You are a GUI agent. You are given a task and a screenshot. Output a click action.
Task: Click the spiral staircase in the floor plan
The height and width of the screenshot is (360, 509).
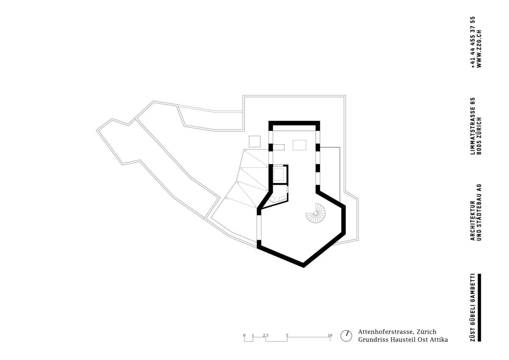click(x=316, y=214)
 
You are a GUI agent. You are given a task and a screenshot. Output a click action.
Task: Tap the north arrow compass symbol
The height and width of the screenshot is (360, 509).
click(x=347, y=335)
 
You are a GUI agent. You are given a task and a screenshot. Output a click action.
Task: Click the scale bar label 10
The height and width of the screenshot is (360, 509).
click(x=330, y=335)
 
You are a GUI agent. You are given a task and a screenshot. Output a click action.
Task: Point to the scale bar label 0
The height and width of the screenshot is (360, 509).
click(x=244, y=335)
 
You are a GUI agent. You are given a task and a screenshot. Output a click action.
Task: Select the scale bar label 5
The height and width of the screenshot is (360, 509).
click(x=287, y=335)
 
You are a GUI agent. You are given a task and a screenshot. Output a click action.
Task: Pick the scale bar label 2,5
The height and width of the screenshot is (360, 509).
click(x=266, y=335)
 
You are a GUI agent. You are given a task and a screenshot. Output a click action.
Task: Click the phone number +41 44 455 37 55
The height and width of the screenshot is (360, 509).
click(x=473, y=42)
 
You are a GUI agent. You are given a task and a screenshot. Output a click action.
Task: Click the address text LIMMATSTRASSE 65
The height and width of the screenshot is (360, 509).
click(x=473, y=131)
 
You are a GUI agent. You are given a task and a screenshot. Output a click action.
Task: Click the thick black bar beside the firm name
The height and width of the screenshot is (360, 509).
click(x=480, y=307)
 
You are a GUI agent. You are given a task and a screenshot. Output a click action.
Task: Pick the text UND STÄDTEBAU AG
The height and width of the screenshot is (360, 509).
click(x=479, y=213)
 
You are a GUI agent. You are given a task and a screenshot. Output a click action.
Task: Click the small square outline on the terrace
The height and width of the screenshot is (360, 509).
click(x=254, y=141)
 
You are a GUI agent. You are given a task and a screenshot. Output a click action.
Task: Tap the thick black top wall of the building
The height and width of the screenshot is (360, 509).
click(x=294, y=123)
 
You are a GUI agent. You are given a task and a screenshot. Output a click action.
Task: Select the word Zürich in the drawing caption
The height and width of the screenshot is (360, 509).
click(x=426, y=332)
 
